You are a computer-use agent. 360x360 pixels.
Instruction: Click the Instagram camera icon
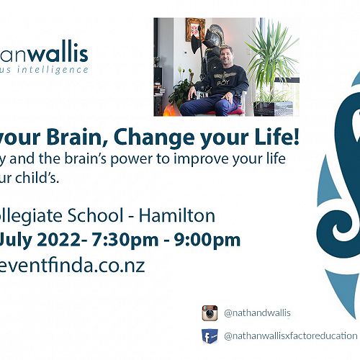[x=210, y=312]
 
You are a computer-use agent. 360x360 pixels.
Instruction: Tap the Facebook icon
[x=210, y=336]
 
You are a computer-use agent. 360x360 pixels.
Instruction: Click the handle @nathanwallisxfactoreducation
[x=290, y=336]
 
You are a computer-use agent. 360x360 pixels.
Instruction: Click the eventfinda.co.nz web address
[x=72, y=265]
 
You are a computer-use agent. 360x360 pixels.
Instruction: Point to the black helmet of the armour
[x=203, y=34]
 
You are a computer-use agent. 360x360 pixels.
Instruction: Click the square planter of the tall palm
[x=271, y=108]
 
